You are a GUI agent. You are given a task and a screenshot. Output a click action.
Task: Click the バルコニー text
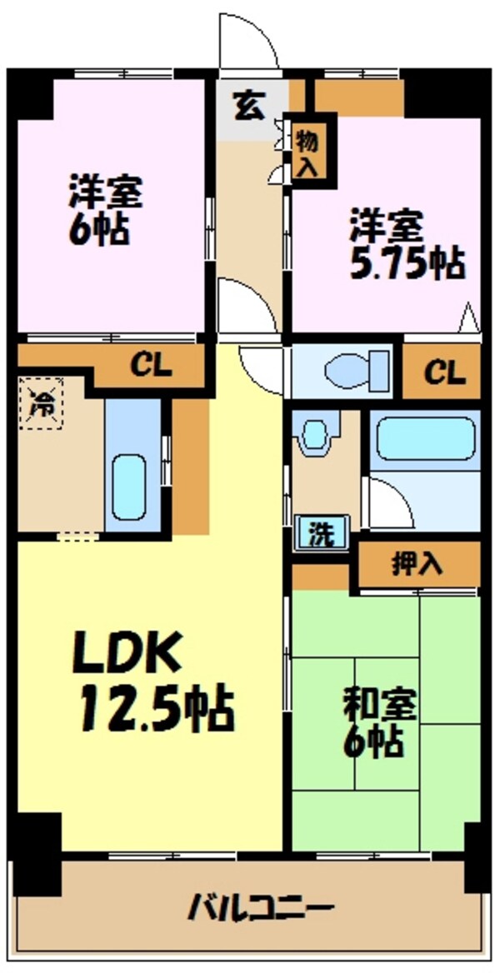click(261, 911)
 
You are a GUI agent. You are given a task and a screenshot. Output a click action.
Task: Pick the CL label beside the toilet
click(445, 372)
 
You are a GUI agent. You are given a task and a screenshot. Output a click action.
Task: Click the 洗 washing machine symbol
click(321, 531)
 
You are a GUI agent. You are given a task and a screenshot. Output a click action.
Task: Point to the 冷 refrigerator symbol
click(42, 403)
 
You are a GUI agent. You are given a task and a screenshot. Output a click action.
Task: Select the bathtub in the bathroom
click(426, 438)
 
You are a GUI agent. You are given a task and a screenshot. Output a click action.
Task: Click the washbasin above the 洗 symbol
click(316, 432)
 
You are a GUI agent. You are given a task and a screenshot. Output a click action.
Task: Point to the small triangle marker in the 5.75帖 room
click(470, 318)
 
